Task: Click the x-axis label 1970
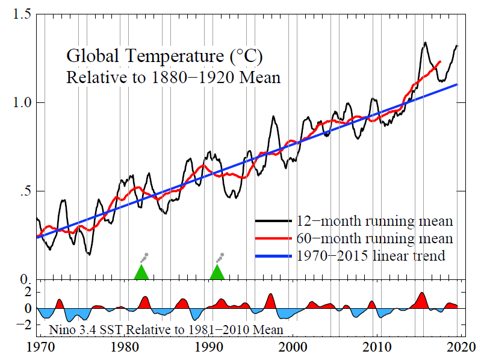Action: click(38, 349)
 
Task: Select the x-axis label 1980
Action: click(125, 349)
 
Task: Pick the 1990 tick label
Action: click(210, 349)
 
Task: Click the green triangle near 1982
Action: click(141, 273)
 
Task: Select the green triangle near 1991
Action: click(217, 273)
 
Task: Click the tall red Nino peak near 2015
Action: click(422, 299)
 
